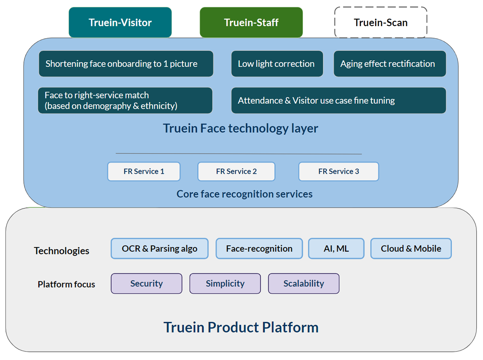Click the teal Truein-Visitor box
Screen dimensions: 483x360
pyautogui.click(x=120, y=22)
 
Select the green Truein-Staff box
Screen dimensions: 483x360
pyautogui.click(x=251, y=22)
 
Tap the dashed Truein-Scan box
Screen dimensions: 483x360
pyautogui.click(x=381, y=22)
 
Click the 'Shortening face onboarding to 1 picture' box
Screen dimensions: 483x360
pyautogui.click(x=126, y=63)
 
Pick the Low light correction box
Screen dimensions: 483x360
pyautogui.click(x=277, y=63)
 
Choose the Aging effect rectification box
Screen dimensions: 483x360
pyautogui.click(x=390, y=63)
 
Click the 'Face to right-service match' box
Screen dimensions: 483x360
pyautogui.click(x=125, y=100)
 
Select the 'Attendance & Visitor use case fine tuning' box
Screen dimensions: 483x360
pyautogui.click(x=339, y=100)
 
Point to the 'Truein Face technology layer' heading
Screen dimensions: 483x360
pyautogui.click(x=240, y=128)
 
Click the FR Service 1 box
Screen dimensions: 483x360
pyautogui.click(x=144, y=172)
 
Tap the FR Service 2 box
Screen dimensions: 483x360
pyautogui.click(x=236, y=172)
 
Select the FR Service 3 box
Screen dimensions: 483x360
pyautogui.click(x=339, y=172)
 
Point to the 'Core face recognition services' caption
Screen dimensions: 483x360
pyautogui.click(x=244, y=194)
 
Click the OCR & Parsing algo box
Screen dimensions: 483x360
pyautogui.click(x=160, y=248)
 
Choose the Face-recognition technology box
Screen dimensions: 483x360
pyautogui.click(x=259, y=248)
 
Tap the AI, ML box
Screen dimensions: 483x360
pyautogui.click(x=336, y=248)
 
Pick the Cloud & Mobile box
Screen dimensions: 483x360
pyautogui.click(x=411, y=248)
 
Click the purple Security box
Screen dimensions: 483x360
pyautogui.click(x=146, y=283)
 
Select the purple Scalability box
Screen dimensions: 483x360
pyautogui.click(x=304, y=283)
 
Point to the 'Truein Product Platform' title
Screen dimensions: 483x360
pyautogui.click(x=241, y=327)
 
